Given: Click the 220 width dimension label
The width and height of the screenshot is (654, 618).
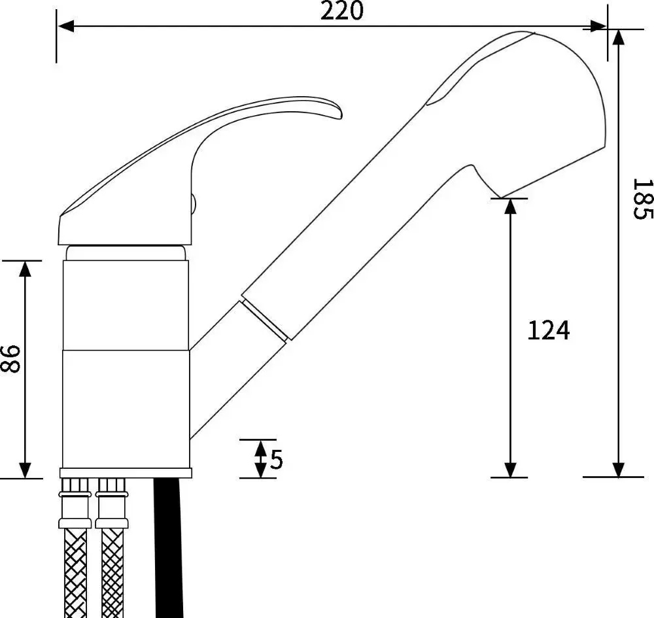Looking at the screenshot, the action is point(341,11).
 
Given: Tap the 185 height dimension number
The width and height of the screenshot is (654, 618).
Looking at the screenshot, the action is point(643,199).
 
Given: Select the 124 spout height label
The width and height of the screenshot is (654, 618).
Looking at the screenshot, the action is point(549,331).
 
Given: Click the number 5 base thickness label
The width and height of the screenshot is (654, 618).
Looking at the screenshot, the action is point(277,459).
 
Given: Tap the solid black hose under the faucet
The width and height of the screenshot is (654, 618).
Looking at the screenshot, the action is point(169,547).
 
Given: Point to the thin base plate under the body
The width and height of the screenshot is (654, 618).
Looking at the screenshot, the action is point(126,473).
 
